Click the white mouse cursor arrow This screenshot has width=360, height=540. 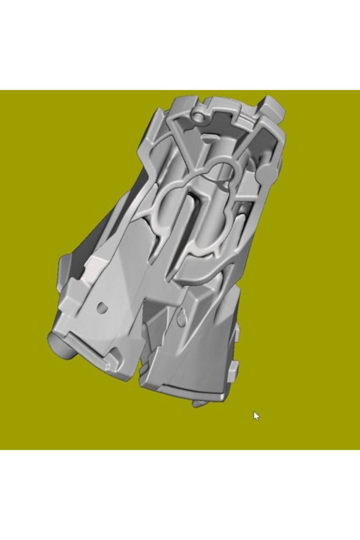(x=256, y=416)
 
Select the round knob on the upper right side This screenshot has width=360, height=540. (x=264, y=169)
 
